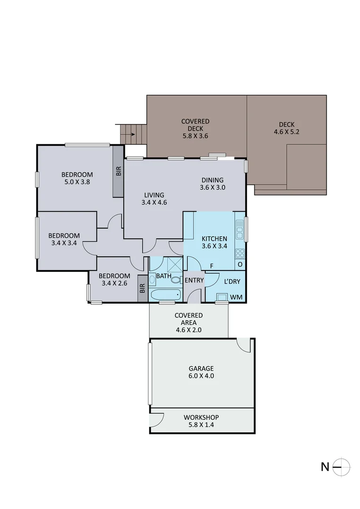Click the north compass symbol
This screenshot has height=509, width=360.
tap(342, 467)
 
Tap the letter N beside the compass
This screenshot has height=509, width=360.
tap(325, 467)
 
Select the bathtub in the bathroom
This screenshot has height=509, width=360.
tap(165, 295)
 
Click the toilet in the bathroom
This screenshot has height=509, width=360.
tap(175, 280)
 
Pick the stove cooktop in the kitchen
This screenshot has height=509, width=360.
tap(240, 253)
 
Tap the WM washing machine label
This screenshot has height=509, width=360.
tap(236, 297)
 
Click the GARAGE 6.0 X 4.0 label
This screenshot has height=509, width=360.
tap(202, 372)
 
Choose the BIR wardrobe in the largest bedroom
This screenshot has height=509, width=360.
tap(118, 172)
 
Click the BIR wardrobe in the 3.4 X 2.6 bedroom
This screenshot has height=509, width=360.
tap(142, 288)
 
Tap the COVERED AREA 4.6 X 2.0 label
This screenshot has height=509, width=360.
tap(188, 322)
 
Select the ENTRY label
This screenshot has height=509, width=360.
tap(194, 280)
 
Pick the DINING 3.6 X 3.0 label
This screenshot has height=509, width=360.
tap(212, 183)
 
